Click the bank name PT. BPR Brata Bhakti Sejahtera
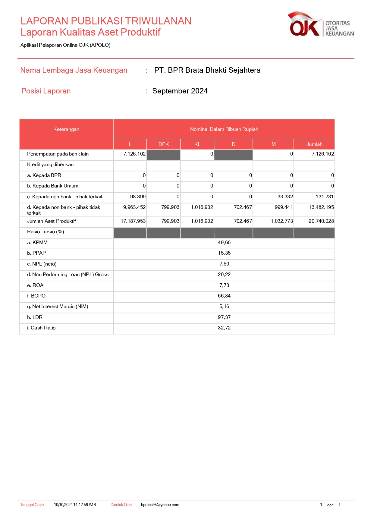(207, 70)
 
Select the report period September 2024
(180, 91)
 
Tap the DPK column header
(163, 144)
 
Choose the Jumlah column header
(314, 144)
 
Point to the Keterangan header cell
(66, 129)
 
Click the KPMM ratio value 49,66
(224, 243)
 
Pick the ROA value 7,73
(224, 285)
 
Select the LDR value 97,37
(224, 317)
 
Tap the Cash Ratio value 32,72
(224, 328)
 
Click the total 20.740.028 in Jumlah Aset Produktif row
(321, 221)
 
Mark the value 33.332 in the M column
(285, 197)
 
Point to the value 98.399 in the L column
(138, 197)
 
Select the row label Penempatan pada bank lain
(58, 154)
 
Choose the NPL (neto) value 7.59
(224, 264)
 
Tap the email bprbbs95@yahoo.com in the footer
(160, 505)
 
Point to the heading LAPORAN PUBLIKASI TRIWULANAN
(106, 21)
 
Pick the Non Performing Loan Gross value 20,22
(224, 275)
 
